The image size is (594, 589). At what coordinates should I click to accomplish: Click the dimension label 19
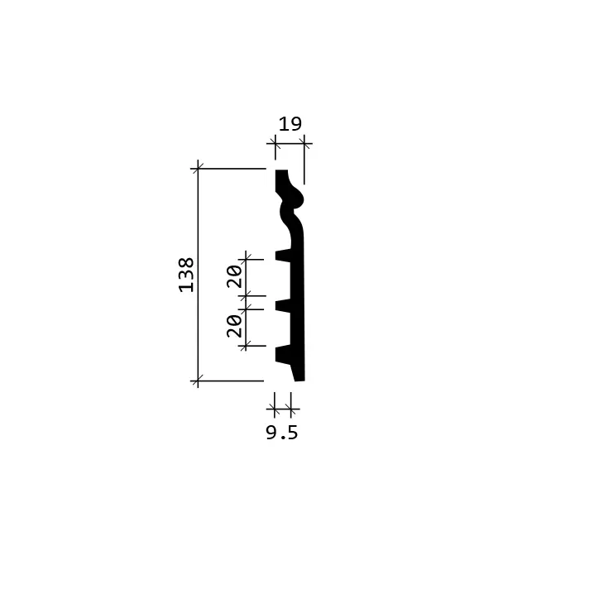(x=290, y=124)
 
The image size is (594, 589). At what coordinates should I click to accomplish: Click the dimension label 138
(x=186, y=275)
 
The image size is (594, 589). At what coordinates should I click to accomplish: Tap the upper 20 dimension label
(x=234, y=276)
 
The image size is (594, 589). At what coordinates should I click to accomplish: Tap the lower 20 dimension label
(x=234, y=326)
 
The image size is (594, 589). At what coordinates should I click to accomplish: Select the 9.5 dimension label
(x=282, y=433)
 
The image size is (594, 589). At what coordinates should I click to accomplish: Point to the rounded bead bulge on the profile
(x=297, y=198)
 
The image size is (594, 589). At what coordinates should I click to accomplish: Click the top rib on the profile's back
(x=283, y=256)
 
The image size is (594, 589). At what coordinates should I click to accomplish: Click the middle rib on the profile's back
(x=283, y=306)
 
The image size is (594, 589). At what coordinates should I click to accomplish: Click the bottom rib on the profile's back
(x=283, y=355)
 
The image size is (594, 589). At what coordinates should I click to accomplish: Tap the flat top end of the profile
(x=281, y=171)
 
